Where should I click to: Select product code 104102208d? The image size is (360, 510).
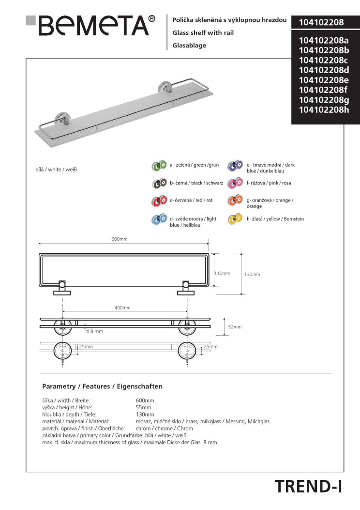(324, 70)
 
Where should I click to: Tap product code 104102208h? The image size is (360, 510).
(324, 110)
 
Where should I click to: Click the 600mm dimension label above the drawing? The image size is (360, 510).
(120, 240)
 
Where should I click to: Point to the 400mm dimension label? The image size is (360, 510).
(122, 308)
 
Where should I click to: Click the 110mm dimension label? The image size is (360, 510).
(222, 273)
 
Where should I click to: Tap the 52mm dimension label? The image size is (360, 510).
(235, 327)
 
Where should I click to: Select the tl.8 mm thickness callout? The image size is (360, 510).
(94, 331)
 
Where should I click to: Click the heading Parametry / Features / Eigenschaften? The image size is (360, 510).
(102, 386)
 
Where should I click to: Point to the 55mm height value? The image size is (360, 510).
(143, 408)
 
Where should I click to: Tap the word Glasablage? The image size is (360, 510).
(189, 45)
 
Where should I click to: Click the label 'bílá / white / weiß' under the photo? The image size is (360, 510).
(57, 170)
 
